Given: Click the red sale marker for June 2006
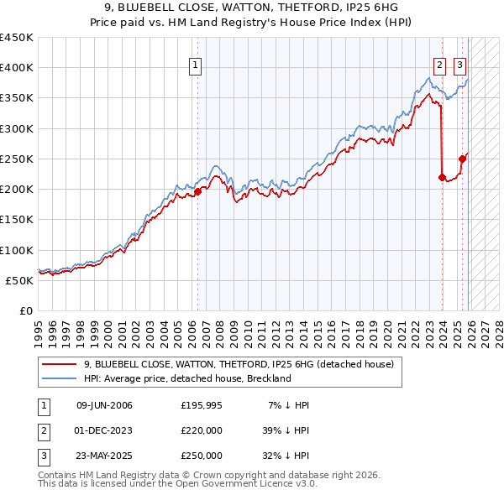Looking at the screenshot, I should [x=197, y=191].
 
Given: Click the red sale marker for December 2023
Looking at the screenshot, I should [x=442, y=177].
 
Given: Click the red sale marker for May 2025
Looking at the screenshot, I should [x=462, y=159].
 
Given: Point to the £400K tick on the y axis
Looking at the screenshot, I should [x=17, y=68].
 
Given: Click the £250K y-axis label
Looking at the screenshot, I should [x=17, y=159].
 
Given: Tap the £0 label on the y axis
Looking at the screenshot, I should [x=25, y=310].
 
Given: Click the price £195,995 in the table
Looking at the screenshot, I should [x=202, y=405].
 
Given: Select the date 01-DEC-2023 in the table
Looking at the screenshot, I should [x=104, y=430].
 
